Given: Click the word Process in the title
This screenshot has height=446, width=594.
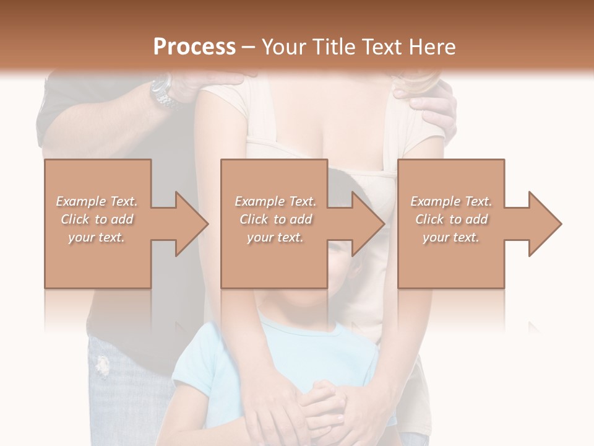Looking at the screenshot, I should [x=194, y=47].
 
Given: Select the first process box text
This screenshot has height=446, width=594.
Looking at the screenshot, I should [x=97, y=219].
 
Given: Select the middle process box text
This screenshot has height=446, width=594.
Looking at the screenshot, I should [x=275, y=219].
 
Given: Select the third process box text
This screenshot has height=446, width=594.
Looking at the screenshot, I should [x=451, y=219].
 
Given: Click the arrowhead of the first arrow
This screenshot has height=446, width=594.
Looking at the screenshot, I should [x=192, y=224].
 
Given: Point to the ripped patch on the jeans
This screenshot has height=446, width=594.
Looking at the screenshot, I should [x=103, y=365].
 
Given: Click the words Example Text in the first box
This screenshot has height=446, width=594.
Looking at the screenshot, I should [x=97, y=201].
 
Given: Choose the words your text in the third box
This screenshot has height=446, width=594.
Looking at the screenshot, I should [x=451, y=237].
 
